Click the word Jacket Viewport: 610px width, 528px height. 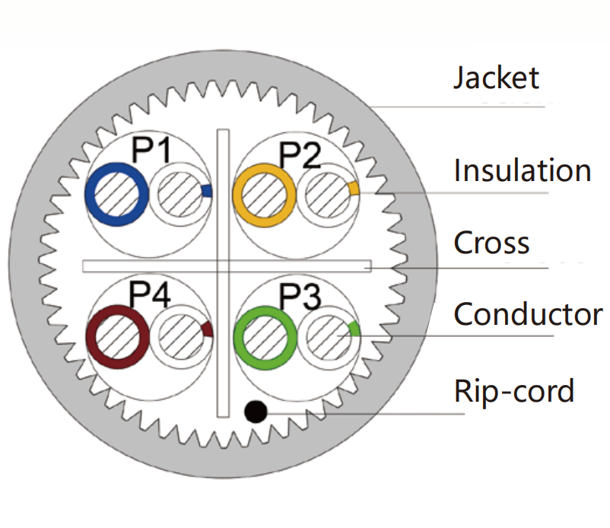click(496, 78)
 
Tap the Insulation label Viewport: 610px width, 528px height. click(522, 170)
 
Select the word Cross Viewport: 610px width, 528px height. click(491, 243)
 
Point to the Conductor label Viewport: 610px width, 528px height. click(528, 313)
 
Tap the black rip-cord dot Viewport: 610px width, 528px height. click(256, 412)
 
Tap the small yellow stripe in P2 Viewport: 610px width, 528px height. click(353, 188)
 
